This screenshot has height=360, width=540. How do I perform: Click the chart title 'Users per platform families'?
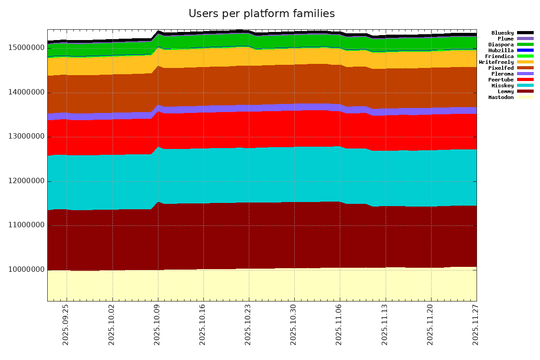pyautogui.click(x=261, y=14)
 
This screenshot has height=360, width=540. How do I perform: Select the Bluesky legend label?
pyautogui.click(x=502, y=33)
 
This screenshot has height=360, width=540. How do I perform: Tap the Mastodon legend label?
pyautogui.click(x=501, y=97)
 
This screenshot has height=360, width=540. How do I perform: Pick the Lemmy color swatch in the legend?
pyautogui.click(x=525, y=91)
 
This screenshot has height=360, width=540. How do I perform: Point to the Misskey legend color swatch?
pyautogui.click(x=525, y=85)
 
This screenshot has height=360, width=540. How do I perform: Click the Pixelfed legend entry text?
pyautogui.click(x=501, y=68)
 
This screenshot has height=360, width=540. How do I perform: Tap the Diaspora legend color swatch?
pyautogui.click(x=525, y=45)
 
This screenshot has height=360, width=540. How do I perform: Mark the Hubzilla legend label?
pyautogui.click(x=501, y=50)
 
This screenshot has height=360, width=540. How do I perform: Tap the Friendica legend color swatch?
pyautogui.click(x=525, y=56)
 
